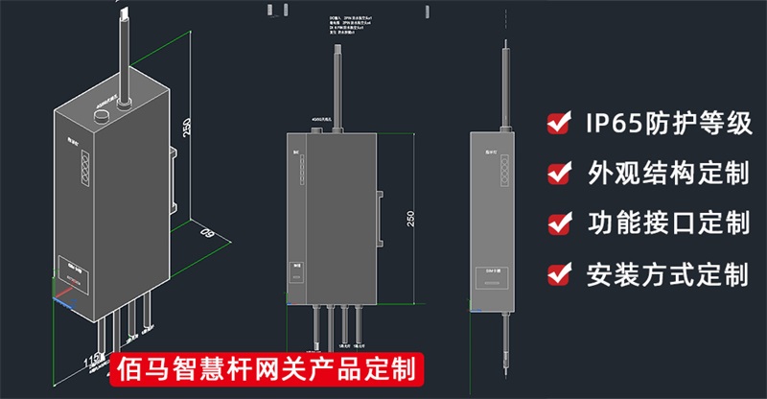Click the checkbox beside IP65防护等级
pyautogui.click(x=556, y=123)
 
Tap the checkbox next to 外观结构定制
pyautogui.click(x=556, y=174)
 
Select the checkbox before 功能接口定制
pyautogui.click(x=556, y=224)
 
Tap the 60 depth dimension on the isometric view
pyautogui.click(x=204, y=233)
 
